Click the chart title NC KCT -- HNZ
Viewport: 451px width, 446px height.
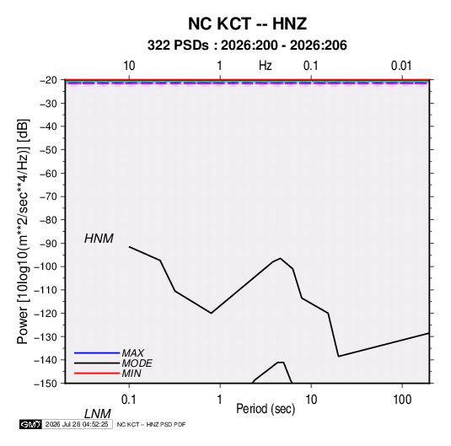tap(247, 24)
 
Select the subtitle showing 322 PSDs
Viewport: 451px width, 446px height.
tap(247, 46)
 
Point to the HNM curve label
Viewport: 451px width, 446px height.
tap(99, 239)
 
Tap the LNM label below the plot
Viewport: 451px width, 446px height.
tap(97, 414)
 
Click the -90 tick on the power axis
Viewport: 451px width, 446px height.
tap(48, 244)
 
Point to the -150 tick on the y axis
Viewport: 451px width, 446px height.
tap(46, 384)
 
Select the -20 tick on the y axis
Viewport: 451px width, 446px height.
tap(48, 80)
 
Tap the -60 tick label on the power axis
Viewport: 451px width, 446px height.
tap(48, 173)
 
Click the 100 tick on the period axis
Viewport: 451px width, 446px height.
tap(402, 400)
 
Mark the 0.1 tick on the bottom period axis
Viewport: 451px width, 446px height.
tap(129, 400)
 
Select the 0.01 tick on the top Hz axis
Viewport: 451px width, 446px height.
tap(401, 66)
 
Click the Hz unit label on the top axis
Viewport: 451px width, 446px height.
tap(266, 66)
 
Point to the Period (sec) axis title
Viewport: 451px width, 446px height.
tap(266, 409)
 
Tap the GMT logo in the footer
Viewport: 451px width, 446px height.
tap(31, 424)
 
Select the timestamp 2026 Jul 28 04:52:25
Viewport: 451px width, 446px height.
tap(77, 424)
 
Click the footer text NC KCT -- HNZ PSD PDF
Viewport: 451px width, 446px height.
tap(151, 424)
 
